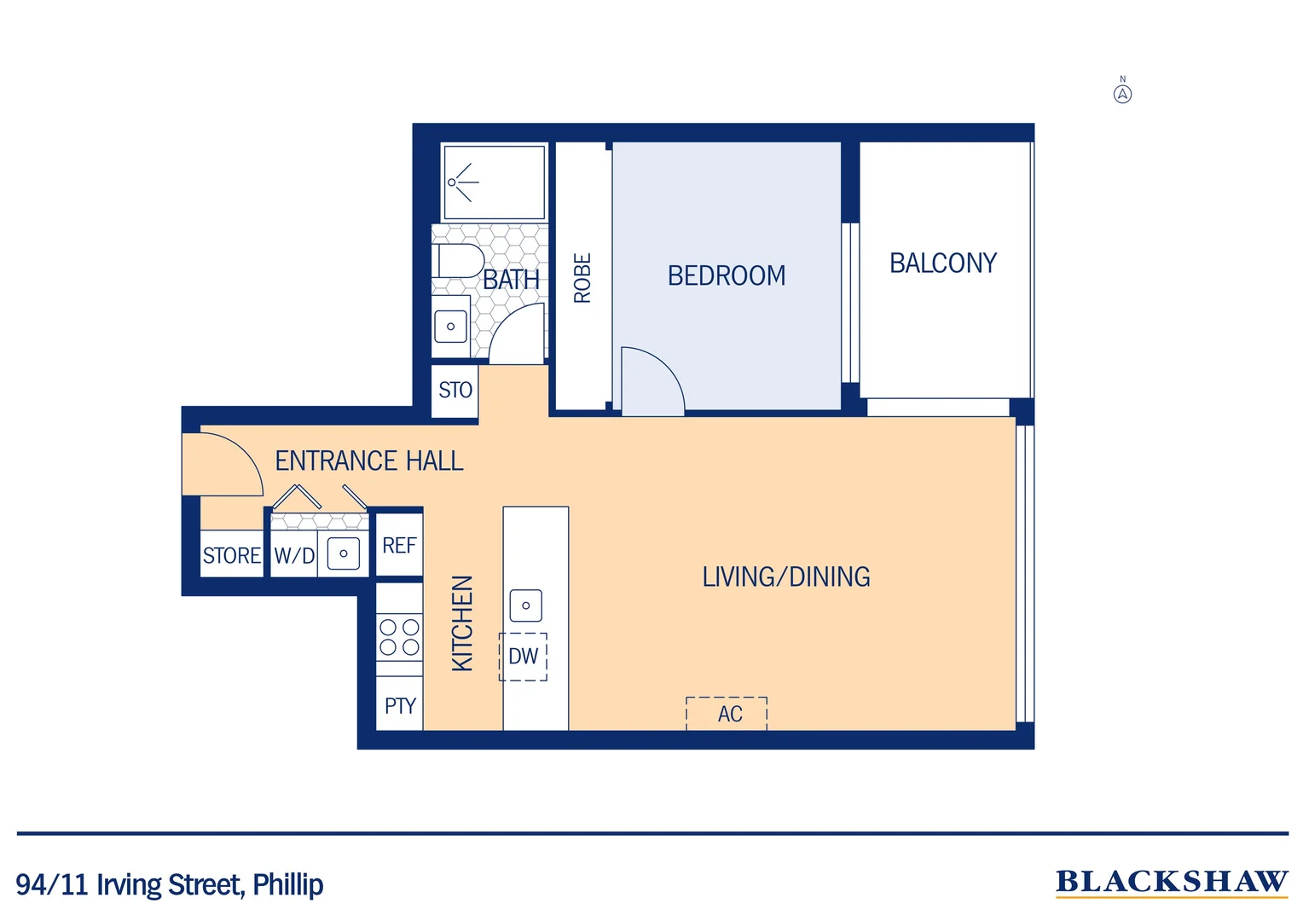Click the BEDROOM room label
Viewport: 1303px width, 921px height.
(x=727, y=275)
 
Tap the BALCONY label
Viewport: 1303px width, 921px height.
(x=942, y=263)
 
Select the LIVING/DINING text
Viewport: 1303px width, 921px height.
(x=785, y=577)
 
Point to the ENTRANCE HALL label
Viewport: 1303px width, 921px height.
(x=368, y=461)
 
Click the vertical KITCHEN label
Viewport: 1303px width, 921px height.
(x=461, y=623)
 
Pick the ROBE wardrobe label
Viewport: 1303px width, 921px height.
(x=582, y=278)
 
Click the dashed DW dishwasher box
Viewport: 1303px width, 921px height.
(x=523, y=657)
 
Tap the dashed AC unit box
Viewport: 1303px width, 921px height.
(x=727, y=714)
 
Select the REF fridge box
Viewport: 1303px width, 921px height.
(x=399, y=545)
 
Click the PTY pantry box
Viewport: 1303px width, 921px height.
(x=399, y=706)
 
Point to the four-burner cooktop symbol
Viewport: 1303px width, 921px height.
(x=399, y=637)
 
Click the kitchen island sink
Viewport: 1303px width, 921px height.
(x=525, y=605)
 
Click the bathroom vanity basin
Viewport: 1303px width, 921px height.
(x=450, y=326)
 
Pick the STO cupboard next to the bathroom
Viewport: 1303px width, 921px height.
(x=455, y=391)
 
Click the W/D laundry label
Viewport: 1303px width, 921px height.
(x=294, y=556)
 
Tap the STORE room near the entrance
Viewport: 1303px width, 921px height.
(x=231, y=555)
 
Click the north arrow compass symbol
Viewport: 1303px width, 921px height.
(x=1122, y=93)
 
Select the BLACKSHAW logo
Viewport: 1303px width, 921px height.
(x=1171, y=883)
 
